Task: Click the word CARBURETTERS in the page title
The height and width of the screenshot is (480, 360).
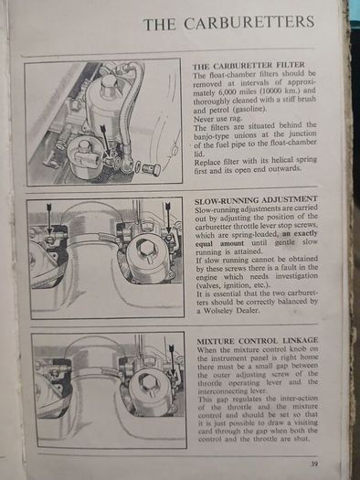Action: [249, 23]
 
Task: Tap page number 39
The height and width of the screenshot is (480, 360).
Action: [314, 464]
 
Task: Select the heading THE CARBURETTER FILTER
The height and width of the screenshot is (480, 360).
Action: [249, 66]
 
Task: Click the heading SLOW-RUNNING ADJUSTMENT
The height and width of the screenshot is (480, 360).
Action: [257, 200]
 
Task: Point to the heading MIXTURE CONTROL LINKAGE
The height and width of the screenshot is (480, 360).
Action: [258, 341]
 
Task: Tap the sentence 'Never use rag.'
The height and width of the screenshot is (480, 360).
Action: [212, 118]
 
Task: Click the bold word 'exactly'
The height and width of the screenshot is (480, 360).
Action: [305, 234]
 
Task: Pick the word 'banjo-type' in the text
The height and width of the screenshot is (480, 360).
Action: [211, 135]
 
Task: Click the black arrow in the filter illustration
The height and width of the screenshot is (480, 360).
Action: [106, 140]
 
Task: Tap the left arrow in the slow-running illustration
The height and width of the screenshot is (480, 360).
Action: [49, 219]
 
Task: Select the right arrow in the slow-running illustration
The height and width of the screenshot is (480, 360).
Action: [167, 218]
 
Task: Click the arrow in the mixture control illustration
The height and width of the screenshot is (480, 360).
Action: [172, 359]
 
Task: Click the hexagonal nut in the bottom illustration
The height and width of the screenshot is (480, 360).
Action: [147, 382]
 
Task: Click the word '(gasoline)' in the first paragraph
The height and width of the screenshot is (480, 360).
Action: [249, 110]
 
